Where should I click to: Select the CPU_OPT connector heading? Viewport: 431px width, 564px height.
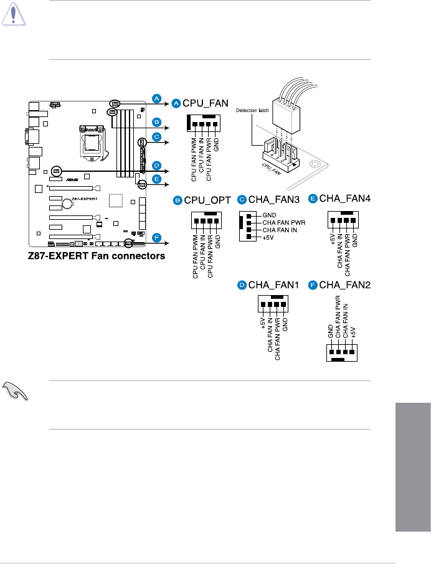pos(207,200)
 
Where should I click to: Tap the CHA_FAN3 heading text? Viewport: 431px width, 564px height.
pos(274,200)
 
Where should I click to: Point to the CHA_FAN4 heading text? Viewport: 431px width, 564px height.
pos(344,199)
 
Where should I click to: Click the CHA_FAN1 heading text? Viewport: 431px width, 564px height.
pos(274,285)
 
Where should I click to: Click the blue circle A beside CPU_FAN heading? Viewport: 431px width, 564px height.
pos(176,103)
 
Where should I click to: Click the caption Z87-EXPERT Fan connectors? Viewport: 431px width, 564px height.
pos(95,256)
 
